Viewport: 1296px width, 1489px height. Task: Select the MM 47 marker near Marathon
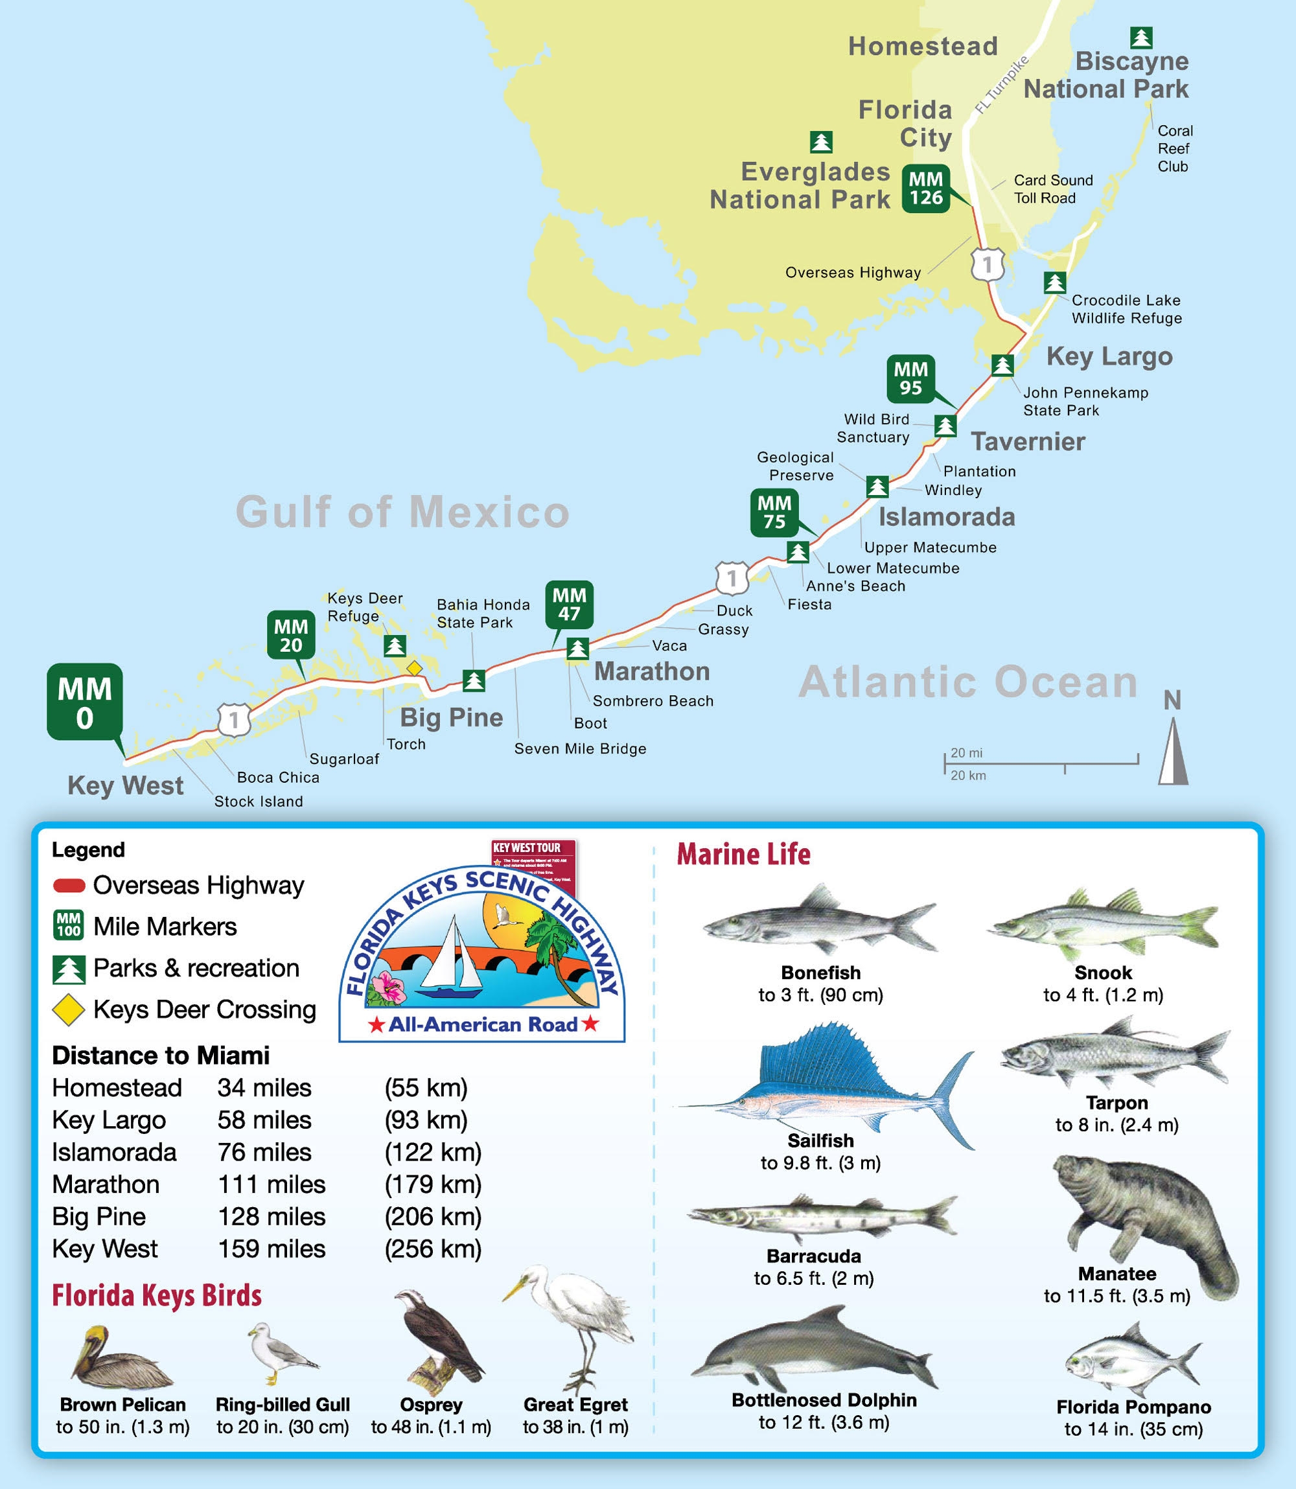pos(569,605)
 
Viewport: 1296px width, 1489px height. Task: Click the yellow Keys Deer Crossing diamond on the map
pos(413,668)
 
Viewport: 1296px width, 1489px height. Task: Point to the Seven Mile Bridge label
pos(580,748)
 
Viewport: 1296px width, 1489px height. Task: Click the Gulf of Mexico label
pos(403,512)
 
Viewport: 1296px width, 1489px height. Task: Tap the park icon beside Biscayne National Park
pos(1140,38)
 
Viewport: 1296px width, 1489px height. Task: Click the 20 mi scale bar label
pos(966,753)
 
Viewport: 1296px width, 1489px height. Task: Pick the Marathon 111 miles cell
pos(272,1184)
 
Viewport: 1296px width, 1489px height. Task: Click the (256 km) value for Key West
pos(432,1249)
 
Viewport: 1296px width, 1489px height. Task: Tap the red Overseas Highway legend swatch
pos(69,885)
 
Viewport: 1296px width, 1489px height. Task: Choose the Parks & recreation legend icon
pos(69,969)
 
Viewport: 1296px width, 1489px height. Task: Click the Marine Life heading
pos(743,854)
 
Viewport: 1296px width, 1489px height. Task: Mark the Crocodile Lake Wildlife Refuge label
pos(1126,309)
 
